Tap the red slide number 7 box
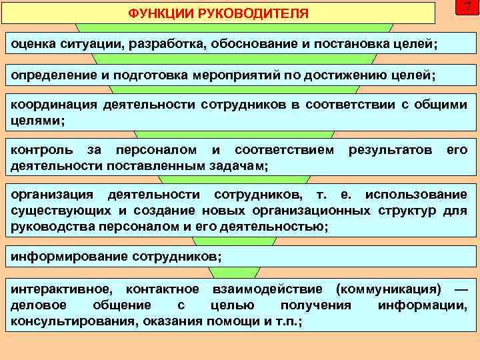467,8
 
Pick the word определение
53,75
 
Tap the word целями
34,121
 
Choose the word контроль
41,150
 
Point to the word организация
53,195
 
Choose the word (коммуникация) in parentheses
389,289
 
